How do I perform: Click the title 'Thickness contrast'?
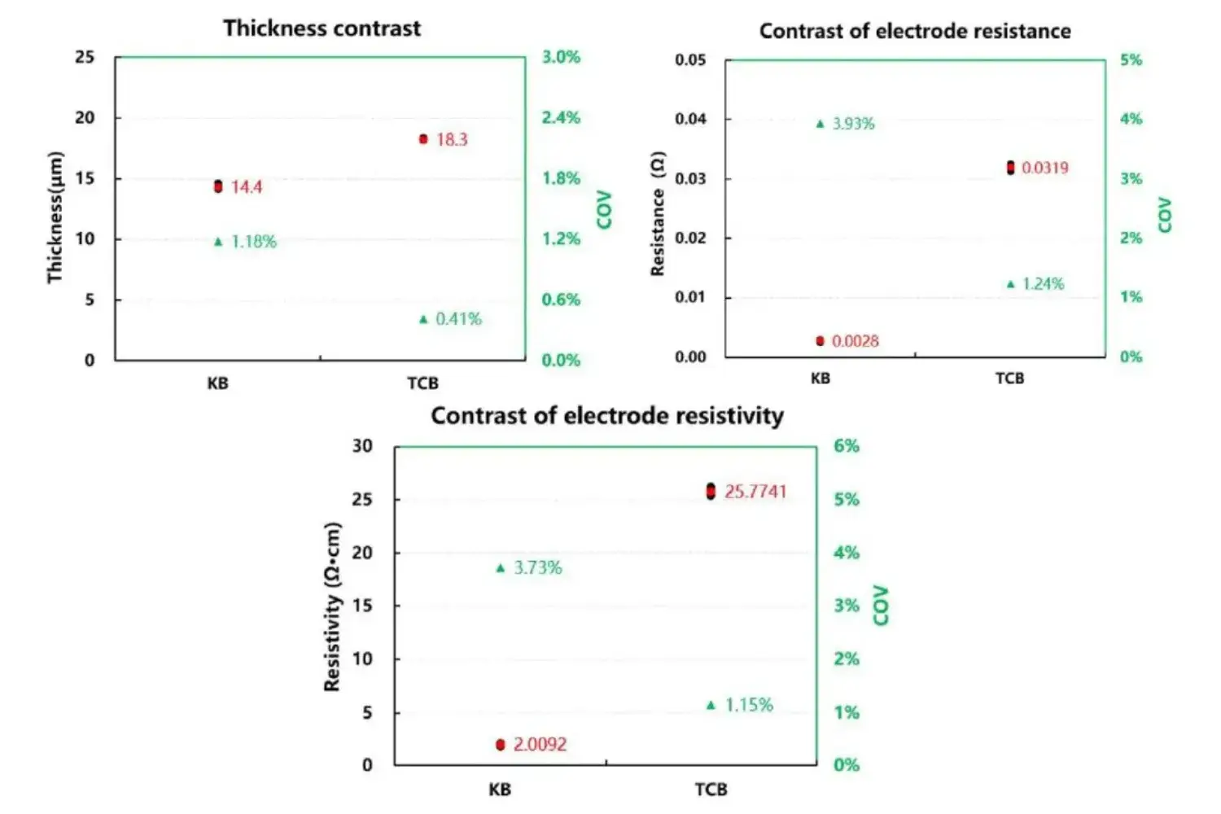pos(322,28)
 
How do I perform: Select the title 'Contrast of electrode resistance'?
pos(914,32)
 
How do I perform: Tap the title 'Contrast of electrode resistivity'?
pos(606,416)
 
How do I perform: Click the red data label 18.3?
pos(452,139)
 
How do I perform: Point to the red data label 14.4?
pos(247,187)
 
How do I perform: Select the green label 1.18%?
pos(254,242)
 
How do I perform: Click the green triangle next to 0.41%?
pos(423,319)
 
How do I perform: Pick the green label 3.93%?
pos(853,124)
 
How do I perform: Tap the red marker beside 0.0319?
pos(1010,168)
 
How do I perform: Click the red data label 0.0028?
pos(855,341)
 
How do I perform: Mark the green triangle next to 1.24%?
pos(1011,284)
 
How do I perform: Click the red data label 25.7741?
pos(755,492)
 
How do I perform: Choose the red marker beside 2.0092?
pos(501,745)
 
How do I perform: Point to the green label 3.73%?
pos(537,568)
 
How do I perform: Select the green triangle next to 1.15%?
pos(711,705)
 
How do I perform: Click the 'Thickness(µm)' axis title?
pos(55,217)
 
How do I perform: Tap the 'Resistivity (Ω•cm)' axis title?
pos(332,606)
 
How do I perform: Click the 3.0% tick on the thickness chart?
pos(561,57)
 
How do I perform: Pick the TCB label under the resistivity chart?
pos(711,790)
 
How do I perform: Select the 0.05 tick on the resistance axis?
pos(690,60)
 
